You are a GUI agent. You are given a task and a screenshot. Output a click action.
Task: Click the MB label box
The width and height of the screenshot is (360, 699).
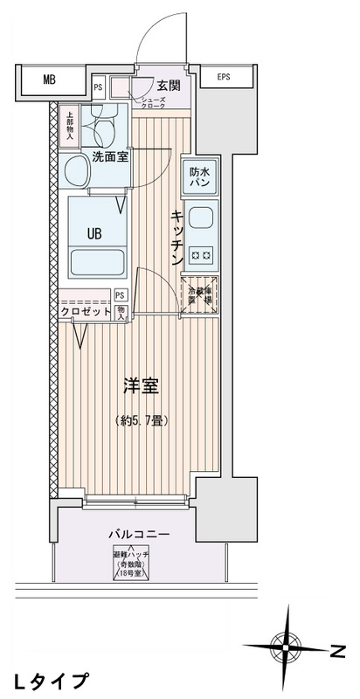click(49, 80)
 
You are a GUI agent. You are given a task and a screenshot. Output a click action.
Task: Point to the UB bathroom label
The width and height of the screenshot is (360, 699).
click(97, 233)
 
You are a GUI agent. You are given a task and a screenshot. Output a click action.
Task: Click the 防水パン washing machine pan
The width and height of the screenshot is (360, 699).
click(199, 178)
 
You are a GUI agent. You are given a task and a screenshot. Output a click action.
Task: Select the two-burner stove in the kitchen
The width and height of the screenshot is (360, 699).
click(200, 255)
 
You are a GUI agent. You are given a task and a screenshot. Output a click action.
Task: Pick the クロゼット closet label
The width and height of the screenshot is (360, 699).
click(85, 311)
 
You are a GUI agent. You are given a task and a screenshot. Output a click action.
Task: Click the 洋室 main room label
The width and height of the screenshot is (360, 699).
click(140, 384)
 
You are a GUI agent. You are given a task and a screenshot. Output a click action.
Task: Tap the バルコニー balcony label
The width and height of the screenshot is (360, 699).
click(140, 534)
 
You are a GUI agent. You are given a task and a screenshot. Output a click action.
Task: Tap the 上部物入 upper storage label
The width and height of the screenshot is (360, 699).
click(69, 125)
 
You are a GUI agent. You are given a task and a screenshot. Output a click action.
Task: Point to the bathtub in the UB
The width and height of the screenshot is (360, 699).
click(97, 263)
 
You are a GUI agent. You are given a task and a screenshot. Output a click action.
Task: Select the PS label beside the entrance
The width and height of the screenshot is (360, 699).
click(98, 87)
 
